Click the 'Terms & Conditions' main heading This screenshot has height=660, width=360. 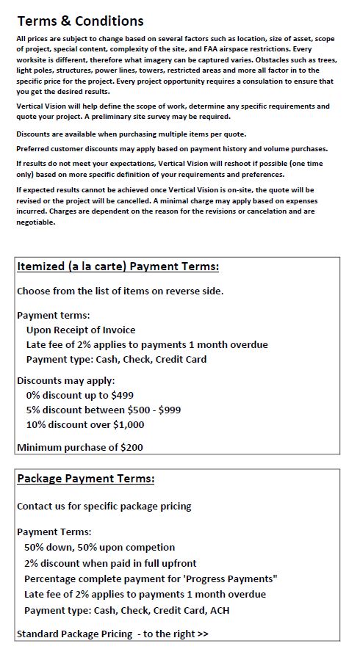pyautogui.click(x=80, y=21)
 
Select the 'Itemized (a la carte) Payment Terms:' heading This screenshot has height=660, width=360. pyautogui.click(x=118, y=266)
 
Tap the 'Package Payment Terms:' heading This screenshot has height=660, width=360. pyautogui.click(x=86, y=479)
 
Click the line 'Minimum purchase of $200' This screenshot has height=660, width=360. pyautogui.click(x=80, y=446)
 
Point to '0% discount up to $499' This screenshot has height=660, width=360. pyautogui.click(x=79, y=394)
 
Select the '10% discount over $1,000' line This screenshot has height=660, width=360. pyautogui.click(x=85, y=424)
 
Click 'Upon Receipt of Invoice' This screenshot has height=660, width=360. pyautogui.click(x=81, y=330)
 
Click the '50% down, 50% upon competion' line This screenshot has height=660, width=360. pyautogui.click(x=100, y=547)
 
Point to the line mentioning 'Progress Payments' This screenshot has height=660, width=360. pyautogui.click(x=151, y=579)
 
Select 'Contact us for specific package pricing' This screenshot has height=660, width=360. pyautogui.click(x=104, y=506)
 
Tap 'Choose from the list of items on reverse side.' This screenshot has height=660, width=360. pyautogui.click(x=120, y=291)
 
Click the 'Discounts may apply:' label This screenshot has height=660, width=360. pyautogui.click(x=66, y=380)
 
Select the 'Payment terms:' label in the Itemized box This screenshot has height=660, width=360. pyautogui.click(x=53, y=315)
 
